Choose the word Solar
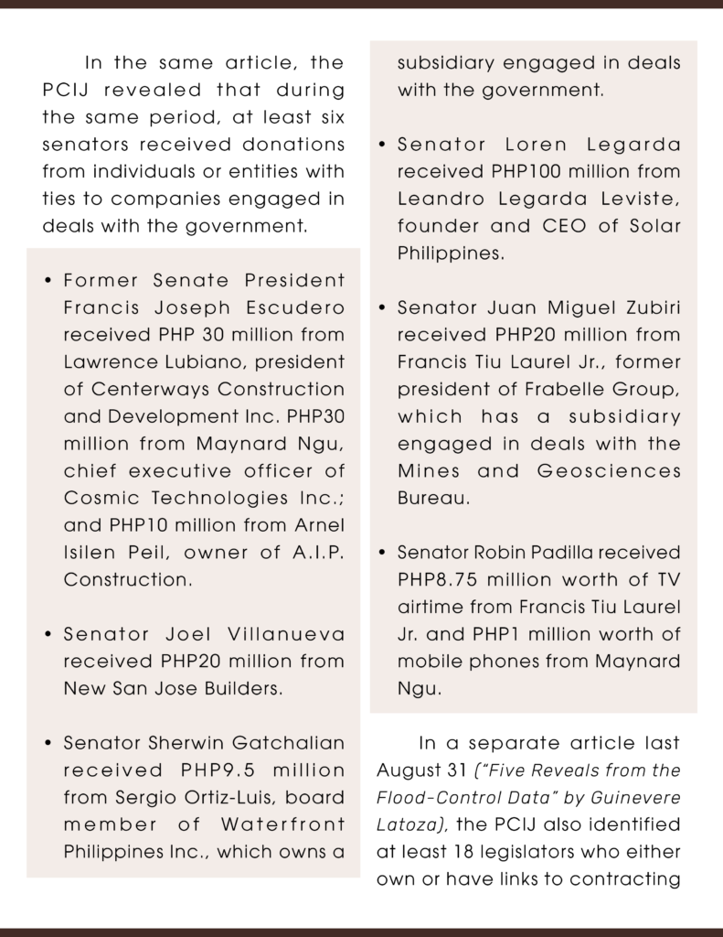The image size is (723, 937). tap(650, 226)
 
